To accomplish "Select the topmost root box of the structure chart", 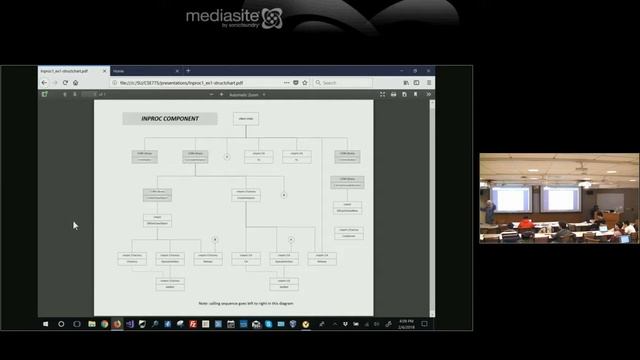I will click(247, 119).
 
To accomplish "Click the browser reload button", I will click(65, 82).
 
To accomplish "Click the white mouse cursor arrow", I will click(75, 225).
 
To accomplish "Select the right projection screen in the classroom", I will click(560, 198).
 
